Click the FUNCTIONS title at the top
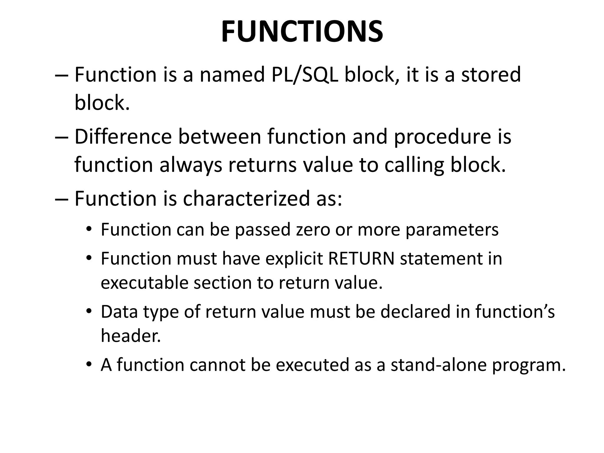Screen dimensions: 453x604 [x=302, y=32]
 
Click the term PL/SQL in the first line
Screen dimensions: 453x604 [x=305, y=75]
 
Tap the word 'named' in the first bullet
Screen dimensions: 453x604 [x=232, y=75]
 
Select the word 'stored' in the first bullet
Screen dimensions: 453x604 [x=491, y=75]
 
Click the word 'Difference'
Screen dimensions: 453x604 [x=123, y=137]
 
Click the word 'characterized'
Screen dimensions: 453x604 [x=246, y=198]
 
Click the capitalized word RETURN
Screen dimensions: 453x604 [x=361, y=259]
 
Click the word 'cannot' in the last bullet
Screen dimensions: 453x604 [x=217, y=365]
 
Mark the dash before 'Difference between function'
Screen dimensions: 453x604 [x=62, y=137]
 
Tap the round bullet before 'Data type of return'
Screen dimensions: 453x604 [x=89, y=311]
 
